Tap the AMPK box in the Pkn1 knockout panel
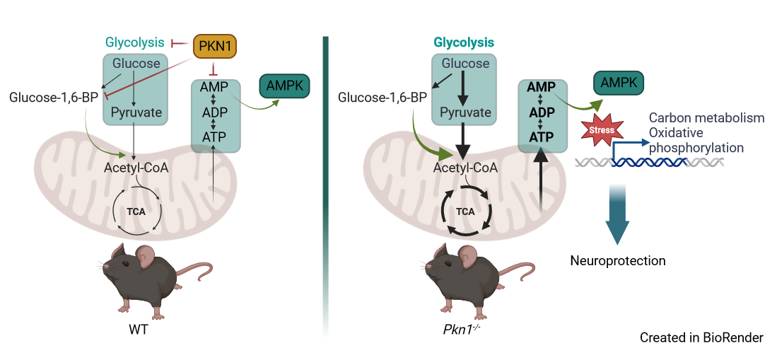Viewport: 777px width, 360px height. coord(619,83)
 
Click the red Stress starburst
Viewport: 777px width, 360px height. coord(602,130)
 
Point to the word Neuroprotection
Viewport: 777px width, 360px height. coord(617,261)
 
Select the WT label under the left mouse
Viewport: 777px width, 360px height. coord(139,330)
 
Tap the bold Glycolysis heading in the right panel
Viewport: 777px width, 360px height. coord(464,42)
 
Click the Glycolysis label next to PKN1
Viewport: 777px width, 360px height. coord(135,42)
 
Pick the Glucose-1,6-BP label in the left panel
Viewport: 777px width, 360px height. coord(54,97)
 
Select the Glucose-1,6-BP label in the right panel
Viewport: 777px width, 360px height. coord(382,97)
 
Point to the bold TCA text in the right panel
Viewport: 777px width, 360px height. coord(465,211)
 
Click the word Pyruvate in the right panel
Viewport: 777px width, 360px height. coord(465,112)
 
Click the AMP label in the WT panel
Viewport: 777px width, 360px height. coord(214,86)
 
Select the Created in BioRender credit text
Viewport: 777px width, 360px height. coord(701,337)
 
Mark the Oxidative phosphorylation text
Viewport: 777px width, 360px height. coord(696,140)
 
